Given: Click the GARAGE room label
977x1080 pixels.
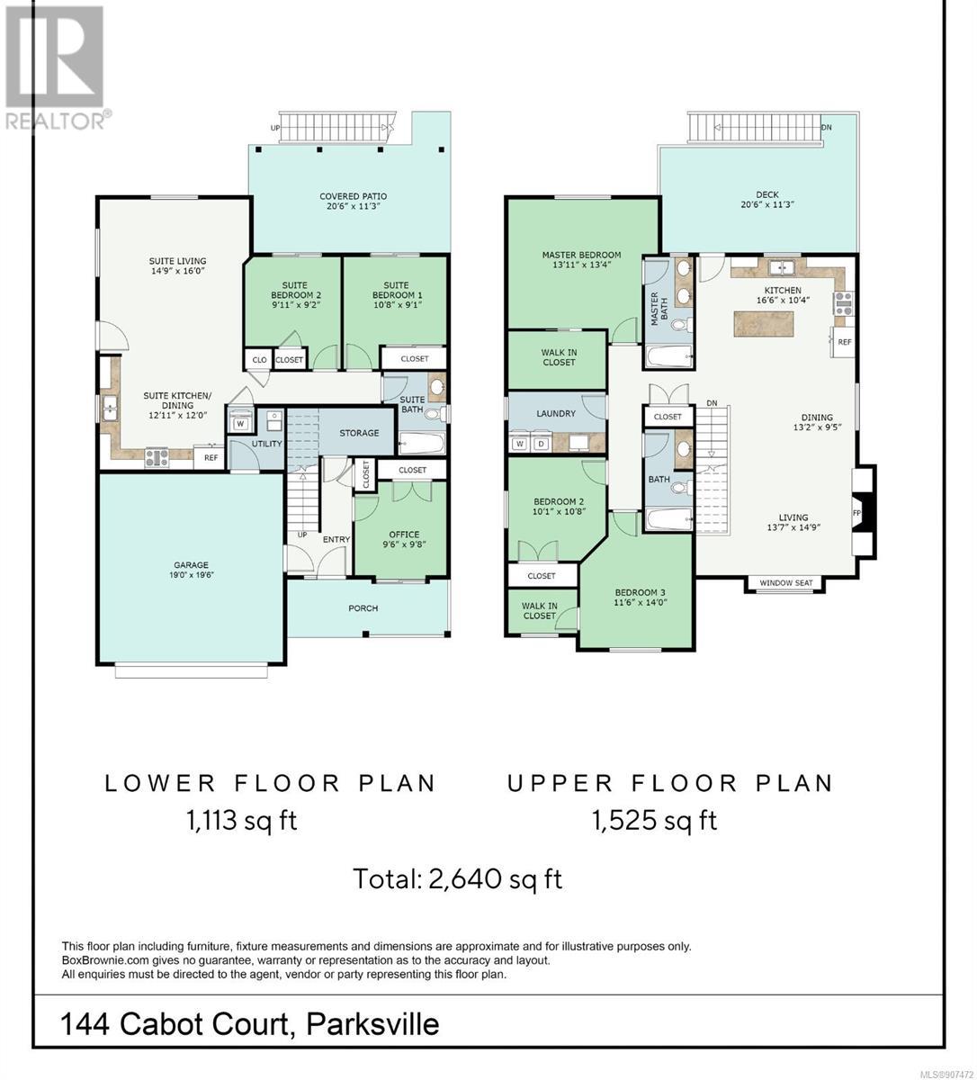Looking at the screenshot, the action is click(191, 565).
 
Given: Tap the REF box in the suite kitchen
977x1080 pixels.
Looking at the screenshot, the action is click(210, 457).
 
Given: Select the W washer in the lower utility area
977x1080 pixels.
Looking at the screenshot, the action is click(240, 423).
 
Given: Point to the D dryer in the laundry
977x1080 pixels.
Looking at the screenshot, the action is click(541, 445).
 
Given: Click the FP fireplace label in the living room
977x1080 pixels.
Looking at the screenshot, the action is click(856, 513).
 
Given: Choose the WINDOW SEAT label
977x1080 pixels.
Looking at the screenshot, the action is click(786, 582).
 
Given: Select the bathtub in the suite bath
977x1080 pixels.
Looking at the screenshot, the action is click(422, 445).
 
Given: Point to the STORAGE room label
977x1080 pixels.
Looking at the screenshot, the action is click(358, 433).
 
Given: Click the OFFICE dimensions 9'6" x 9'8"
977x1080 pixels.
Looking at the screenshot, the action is click(404, 544).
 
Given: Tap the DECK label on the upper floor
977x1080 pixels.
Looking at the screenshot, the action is click(767, 194).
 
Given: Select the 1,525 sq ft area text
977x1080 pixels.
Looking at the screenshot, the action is click(655, 821).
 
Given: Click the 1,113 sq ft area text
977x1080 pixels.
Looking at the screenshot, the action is click(242, 821).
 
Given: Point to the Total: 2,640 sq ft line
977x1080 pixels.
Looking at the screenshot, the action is click(458, 879).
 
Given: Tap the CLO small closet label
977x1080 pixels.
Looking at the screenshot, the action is click(259, 360).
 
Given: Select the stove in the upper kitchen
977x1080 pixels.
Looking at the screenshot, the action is click(843, 303).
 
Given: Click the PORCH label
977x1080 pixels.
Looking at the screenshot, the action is click(363, 607).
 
